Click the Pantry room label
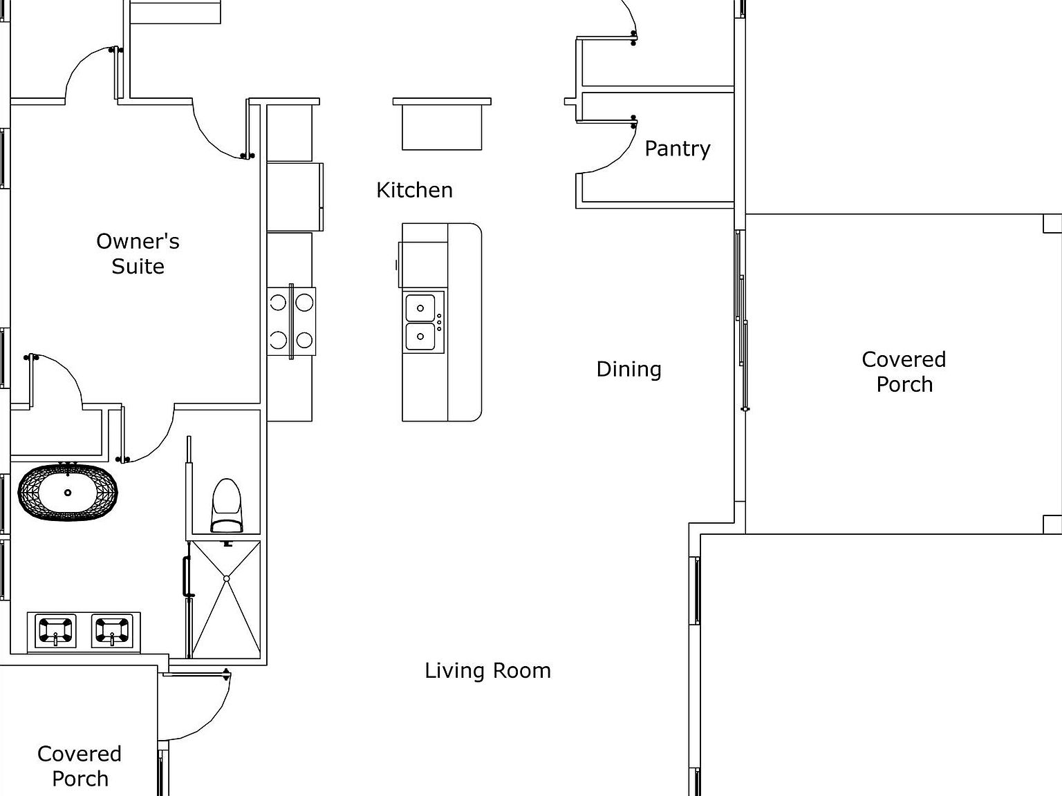click(x=677, y=149)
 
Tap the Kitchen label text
click(x=414, y=190)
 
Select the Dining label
click(x=628, y=369)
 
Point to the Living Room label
click(x=487, y=670)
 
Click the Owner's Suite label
click(x=138, y=254)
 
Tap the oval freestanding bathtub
click(x=68, y=492)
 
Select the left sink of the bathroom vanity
click(x=55, y=629)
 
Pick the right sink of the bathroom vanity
click(x=112, y=629)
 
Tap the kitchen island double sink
click(x=420, y=323)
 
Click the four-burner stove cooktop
click(x=291, y=321)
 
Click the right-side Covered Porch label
click(x=904, y=372)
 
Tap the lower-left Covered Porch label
click(x=80, y=766)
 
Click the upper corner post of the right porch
click(x=1052, y=223)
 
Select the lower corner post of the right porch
click(x=1052, y=524)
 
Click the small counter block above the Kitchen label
click(x=442, y=124)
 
